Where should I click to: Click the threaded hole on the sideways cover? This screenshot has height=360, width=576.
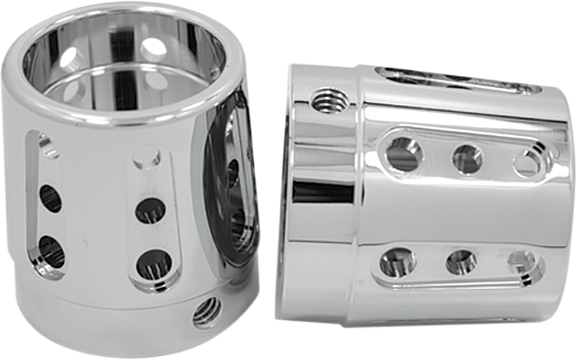[329, 100]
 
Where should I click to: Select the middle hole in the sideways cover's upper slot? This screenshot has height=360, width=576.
[467, 159]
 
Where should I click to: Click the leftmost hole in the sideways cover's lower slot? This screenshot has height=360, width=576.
[398, 261]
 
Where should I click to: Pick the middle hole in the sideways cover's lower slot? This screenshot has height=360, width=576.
[461, 262]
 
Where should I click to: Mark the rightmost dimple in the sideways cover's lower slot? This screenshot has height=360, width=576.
[522, 261]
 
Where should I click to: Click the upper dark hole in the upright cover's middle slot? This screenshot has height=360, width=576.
[150, 210]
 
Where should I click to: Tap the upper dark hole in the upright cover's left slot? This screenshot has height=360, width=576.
[51, 198]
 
